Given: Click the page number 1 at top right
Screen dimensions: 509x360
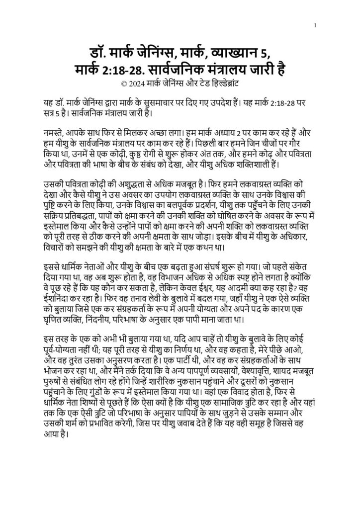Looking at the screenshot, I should click(315, 26).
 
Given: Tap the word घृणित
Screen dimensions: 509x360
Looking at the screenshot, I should click(55, 306).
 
